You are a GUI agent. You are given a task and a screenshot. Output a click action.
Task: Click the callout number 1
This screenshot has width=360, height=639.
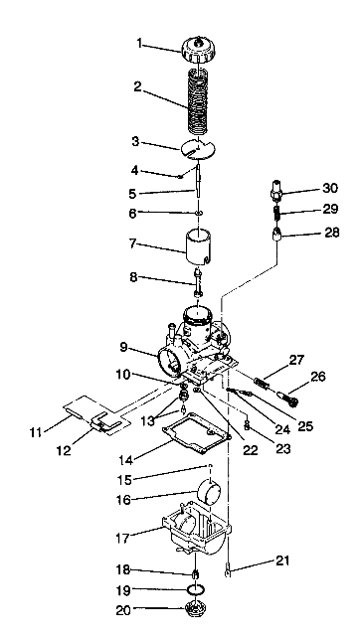tap(140, 44)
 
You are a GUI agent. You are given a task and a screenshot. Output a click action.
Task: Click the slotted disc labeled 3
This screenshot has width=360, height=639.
tap(200, 150)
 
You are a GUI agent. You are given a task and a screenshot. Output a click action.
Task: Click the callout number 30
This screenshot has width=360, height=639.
tap(302, 187)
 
